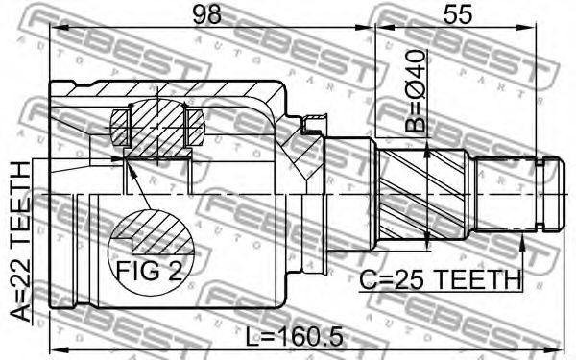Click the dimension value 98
point(207,15)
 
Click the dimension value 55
point(457,15)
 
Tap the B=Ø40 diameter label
point(415,91)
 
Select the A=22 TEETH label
point(20,242)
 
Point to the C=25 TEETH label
point(440,280)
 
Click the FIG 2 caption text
point(149,272)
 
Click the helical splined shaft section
point(423,194)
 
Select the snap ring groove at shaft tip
point(540,194)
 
